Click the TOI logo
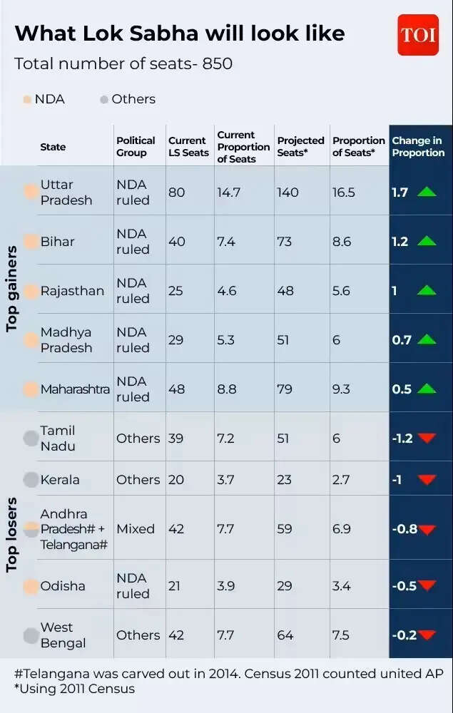pyautogui.click(x=418, y=35)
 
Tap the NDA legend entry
pyautogui.click(x=44, y=99)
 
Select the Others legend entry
pyautogui.click(x=128, y=99)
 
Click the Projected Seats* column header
pyautogui.click(x=300, y=146)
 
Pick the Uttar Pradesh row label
pyautogui.click(x=66, y=193)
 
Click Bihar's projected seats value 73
pyautogui.click(x=285, y=242)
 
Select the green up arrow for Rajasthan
pyautogui.click(x=427, y=290)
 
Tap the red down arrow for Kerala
pyautogui.click(x=427, y=480)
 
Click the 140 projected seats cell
pyautogui.click(x=287, y=193)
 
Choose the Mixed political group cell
pyautogui.click(x=136, y=529)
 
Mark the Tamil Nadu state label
pyautogui.click(x=57, y=438)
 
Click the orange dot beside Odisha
pyautogui.click(x=31, y=586)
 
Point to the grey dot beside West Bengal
pyautogui.click(x=31, y=635)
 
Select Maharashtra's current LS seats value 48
pyautogui.click(x=176, y=389)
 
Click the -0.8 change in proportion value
pyautogui.click(x=404, y=529)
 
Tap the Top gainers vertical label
pyautogui.click(x=12, y=289)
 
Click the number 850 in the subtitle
pyautogui.click(x=217, y=63)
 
